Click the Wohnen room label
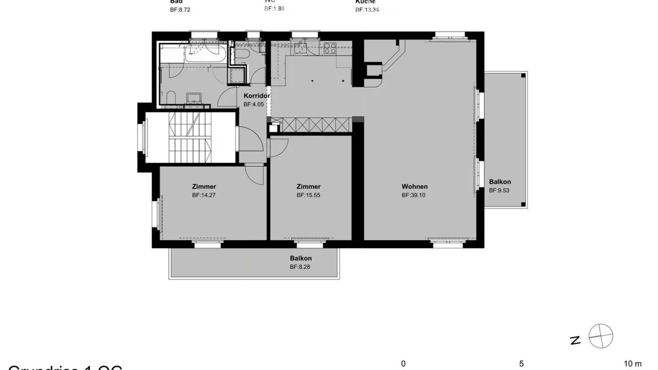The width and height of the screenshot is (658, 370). point(414,186)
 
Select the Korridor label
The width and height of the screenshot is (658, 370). point(257,96)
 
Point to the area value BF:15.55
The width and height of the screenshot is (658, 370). point(308,195)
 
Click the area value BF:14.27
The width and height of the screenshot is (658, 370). point(204,195)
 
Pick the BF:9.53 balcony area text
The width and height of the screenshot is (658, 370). point(499,190)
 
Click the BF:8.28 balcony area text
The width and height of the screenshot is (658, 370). point(300,267)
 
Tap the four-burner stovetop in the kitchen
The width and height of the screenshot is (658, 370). point(330,48)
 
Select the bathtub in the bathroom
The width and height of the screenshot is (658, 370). point(206,53)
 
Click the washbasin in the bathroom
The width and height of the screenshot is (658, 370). point(194,97)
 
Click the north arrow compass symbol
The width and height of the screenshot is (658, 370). point(600,336)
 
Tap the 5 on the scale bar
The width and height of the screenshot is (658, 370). point(521,364)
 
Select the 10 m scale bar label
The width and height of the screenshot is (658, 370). point(632,364)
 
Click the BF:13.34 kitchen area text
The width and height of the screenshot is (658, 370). point(367,9)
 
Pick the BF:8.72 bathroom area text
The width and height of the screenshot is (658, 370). point(180,9)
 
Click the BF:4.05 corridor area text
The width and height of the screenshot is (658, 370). point(254,104)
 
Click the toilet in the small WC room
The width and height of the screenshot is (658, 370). point(243,55)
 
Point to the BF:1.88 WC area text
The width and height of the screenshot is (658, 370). point(274,8)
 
